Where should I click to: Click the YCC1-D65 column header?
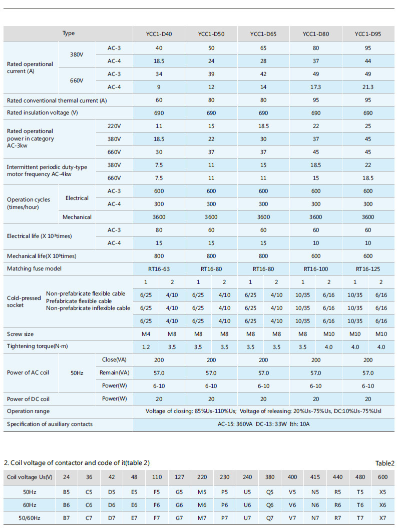pyautogui.click(x=263, y=34)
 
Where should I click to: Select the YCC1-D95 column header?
pyautogui.click(x=367, y=34)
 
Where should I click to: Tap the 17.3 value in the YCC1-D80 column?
pyautogui.click(x=316, y=87)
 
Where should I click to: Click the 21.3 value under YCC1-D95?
pyautogui.click(x=367, y=87)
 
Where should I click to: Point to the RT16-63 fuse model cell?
pyautogui.click(x=159, y=269)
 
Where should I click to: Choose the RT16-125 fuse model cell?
pyautogui.click(x=367, y=269)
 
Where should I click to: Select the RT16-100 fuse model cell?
pyautogui.click(x=316, y=269)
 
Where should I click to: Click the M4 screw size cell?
pyautogui.click(x=146, y=334)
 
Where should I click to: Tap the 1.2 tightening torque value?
pyautogui.click(x=146, y=347)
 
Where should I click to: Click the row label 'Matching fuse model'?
pyautogui.click(x=34, y=268)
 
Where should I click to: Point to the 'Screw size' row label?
pyautogui.click(x=20, y=334)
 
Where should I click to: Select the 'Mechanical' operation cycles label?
pyautogui.click(x=77, y=217)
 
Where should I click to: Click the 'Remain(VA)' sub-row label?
pyautogui.click(x=114, y=373)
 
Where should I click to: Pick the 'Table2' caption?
pyautogui.click(x=385, y=463)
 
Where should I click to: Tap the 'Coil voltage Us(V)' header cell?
pyautogui.click(x=30, y=477)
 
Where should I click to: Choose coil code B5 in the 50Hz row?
pyautogui.click(x=67, y=492)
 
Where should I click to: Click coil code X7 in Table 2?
pyautogui.click(x=382, y=518)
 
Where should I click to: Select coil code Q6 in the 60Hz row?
pyautogui.click(x=270, y=505)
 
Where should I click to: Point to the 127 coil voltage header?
pyautogui.click(x=179, y=477)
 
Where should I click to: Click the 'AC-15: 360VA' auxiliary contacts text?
pyautogui.click(x=235, y=424)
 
